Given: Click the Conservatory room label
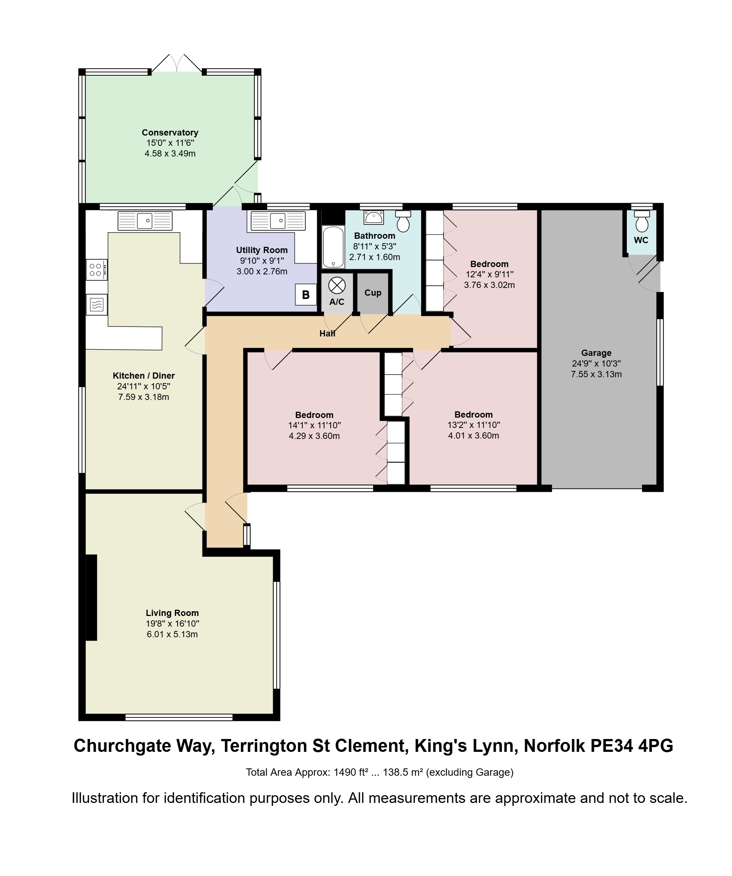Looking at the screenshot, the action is point(170,133).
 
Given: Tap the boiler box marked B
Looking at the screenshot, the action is point(305,295).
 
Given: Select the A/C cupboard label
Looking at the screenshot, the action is point(337,302).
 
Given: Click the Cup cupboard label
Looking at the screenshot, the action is point(373,293).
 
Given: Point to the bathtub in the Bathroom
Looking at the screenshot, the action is point(333,247).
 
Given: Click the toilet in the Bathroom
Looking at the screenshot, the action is point(403,221).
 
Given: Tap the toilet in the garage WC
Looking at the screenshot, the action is point(642,221).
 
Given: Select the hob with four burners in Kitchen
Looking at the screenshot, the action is point(97,270).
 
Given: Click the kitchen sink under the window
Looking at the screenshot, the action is point(145,221).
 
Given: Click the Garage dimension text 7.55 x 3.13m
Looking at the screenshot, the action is point(596,374).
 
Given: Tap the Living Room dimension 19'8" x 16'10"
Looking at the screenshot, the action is point(172,624).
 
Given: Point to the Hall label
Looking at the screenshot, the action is point(327,333).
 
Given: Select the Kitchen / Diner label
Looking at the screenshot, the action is point(144,375).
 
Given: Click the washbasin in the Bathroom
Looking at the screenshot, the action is point(373,217).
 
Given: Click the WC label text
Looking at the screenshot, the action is point(641,240).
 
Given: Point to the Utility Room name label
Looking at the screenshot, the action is point(262,250).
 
